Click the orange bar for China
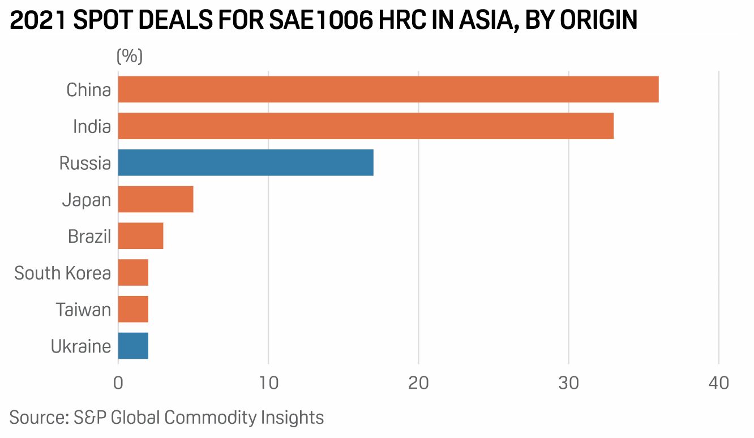tap(388, 89)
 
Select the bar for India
tap(366, 126)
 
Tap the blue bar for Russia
tap(246, 163)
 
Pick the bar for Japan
tap(156, 200)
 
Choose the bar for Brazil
tap(140, 236)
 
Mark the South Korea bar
tap(133, 273)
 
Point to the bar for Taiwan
tap(133, 310)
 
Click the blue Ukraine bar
tap(133, 346)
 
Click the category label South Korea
tap(62, 273)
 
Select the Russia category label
tap(85, 164)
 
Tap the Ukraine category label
tap(81, 346)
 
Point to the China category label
tap(88, 90)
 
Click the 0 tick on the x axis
tap(118, 383)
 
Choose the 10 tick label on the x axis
tap(268, 383)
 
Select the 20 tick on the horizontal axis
tap(418, 383)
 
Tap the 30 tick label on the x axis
tap(568, 383)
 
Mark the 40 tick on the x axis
tap(718, 383)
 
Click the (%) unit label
tap(130, 56)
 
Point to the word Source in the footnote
tap(37, 418)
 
